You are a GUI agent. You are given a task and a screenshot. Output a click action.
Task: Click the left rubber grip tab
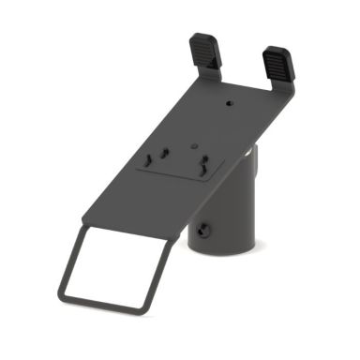(206, 51)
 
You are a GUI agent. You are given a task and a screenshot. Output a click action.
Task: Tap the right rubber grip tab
(278, 64)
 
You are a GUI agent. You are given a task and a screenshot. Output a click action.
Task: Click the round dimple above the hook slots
(192, 146)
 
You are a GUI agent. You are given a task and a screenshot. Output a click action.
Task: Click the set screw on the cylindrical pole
(205, 226)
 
